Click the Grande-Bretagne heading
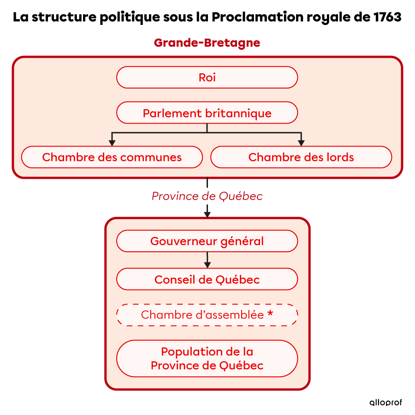(x=207, y=43)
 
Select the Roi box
(x=207, y=77)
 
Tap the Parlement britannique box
(x=207, y=113)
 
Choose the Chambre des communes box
(x=112, y=157)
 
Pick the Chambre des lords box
(x=301, y=157)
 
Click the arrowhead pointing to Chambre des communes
(x=112, y=142)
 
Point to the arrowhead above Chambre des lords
(x=301, y=142)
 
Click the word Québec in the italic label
(x=241, y=196)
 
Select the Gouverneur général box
(x=207, y=241)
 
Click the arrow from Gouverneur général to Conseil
(x=207, y=261)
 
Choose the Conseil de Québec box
(x=207, y=279)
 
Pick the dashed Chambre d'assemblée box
(x=207, y=315)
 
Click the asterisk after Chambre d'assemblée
(x=270, y=314)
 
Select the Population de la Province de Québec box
(x=207, y=359)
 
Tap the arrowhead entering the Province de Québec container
(x=207, y=213)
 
